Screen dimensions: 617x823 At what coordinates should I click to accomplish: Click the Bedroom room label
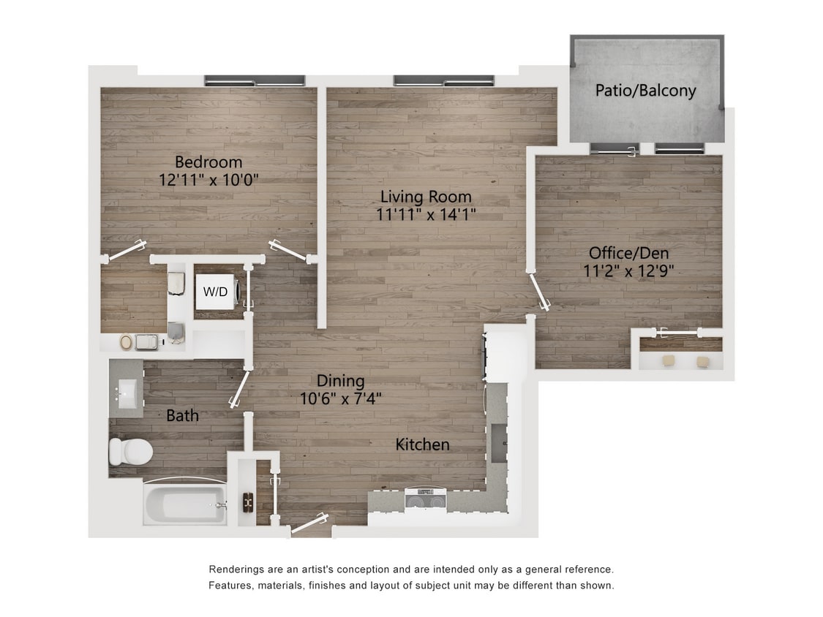[208, 162]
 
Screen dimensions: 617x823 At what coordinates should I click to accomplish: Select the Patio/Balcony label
[645, 91]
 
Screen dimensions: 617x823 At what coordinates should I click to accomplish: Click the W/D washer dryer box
[215, 291]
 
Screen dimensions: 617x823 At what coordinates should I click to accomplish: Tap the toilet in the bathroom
[129, 451]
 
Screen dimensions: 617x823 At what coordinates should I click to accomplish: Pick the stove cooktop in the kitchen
[425, 501]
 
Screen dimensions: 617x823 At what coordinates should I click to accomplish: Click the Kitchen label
[422, 444]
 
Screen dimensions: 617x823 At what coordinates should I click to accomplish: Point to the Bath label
[182, 416]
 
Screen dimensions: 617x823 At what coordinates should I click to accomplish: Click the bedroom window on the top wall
[254, 80]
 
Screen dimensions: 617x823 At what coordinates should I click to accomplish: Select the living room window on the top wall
[443, 80]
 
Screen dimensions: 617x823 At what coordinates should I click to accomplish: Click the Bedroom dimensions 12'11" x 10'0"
[208, 179]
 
